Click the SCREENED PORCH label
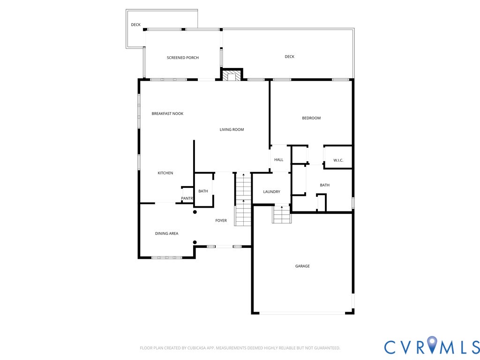(183, 58)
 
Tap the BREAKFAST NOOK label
(167, 113)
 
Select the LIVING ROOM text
(232, 129)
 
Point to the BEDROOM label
(311, 118)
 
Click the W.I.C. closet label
(338, 160)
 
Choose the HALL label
(279, 160)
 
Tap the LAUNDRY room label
(271, 192)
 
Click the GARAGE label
(302, 266)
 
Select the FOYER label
(221, 221)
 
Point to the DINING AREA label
(166, 233)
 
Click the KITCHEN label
(165, 173)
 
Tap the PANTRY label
(187, 199)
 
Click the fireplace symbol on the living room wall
(232, 75)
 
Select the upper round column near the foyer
(195, 212)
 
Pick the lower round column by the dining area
(195, 242)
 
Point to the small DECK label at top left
(135, 25)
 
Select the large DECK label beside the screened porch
(290, 57)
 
